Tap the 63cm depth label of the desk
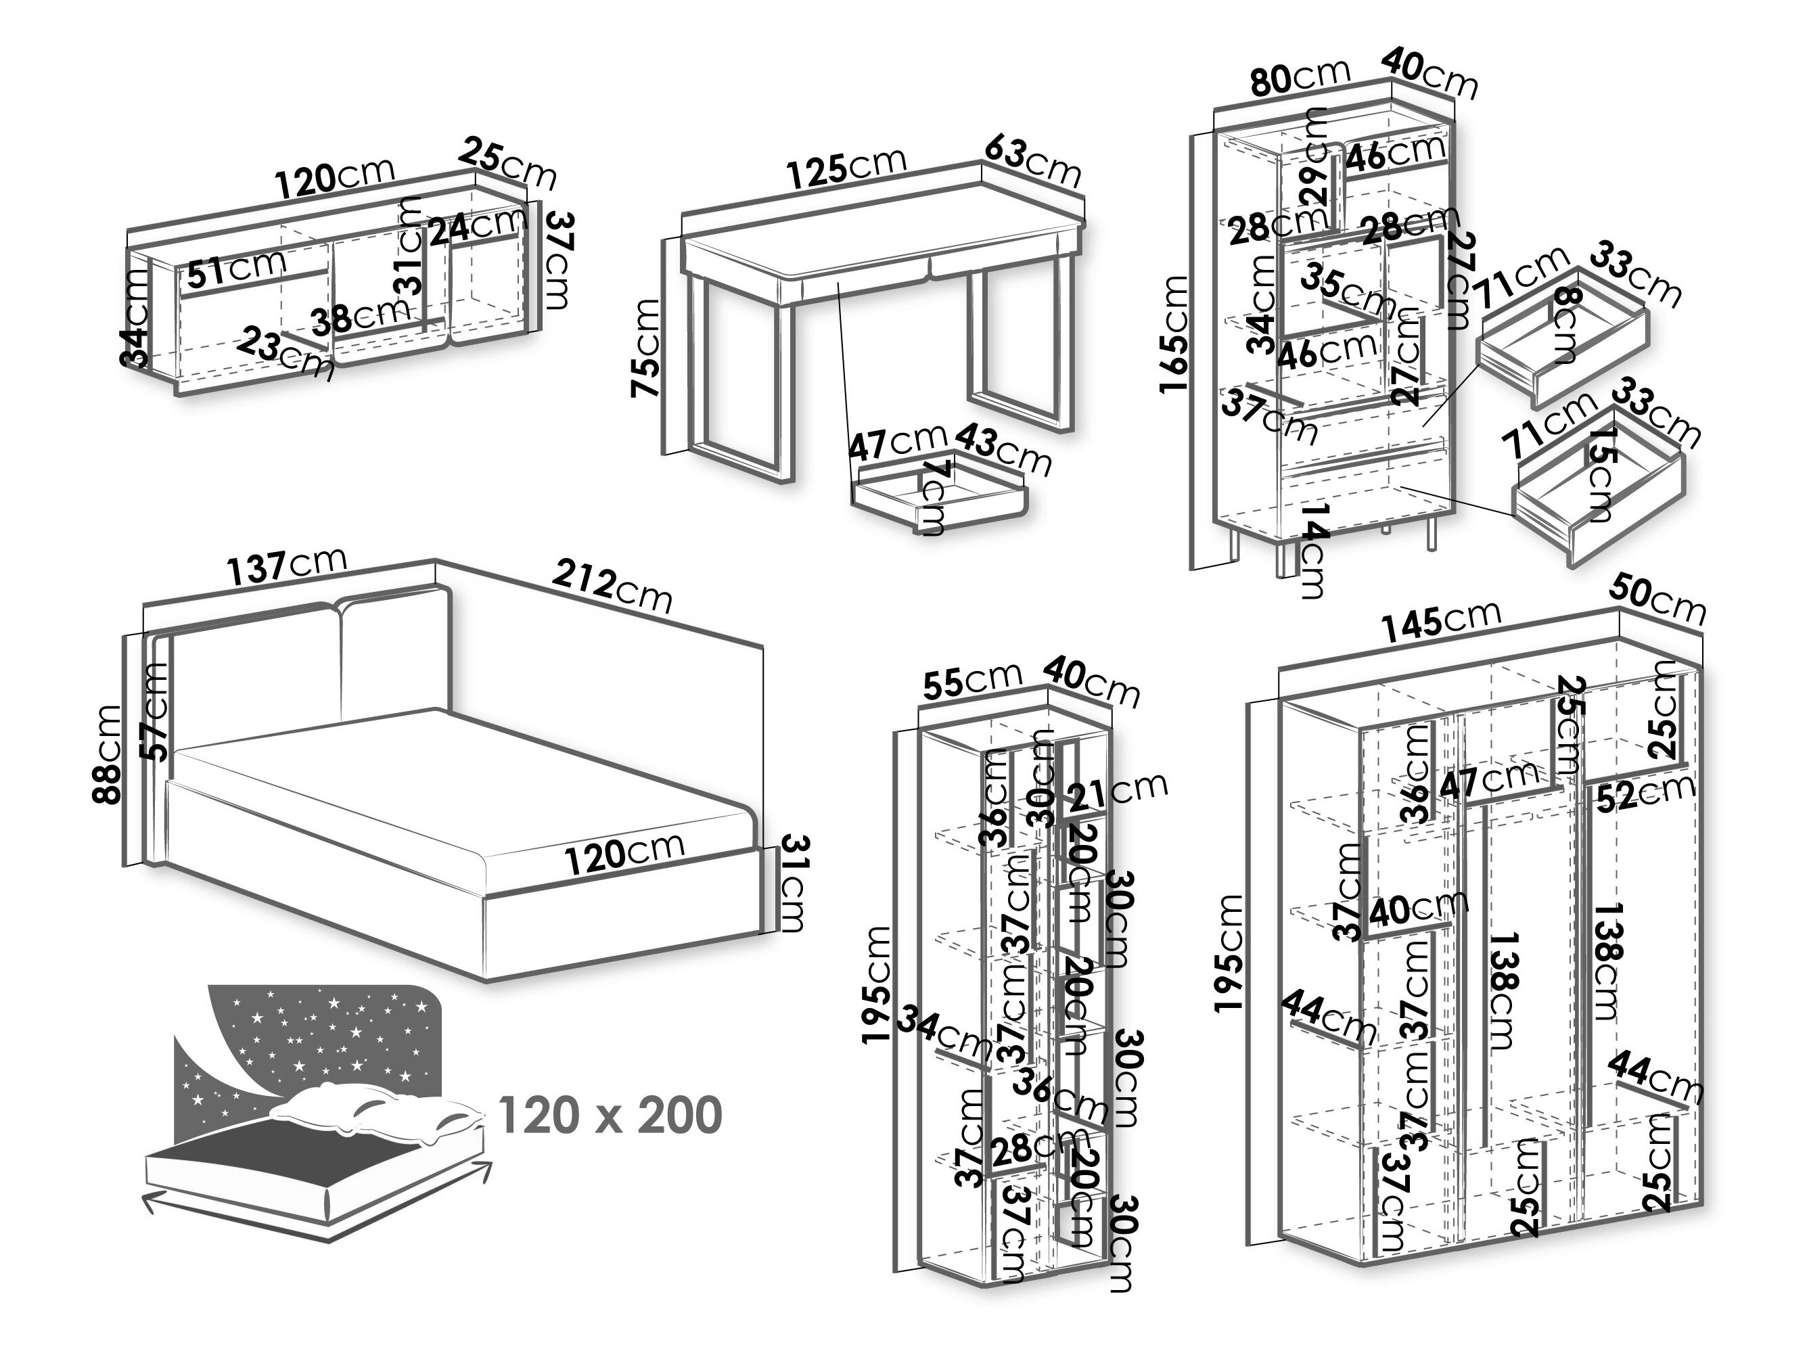click(x=1032, y=161)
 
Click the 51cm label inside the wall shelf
click(x=237, y=269)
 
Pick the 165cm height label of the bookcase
click(x=1174, y=335)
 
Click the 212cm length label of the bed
click(x=612, y=584)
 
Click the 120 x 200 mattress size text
click(x=610, y=1116)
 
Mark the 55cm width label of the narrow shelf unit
click(x=972, y=682)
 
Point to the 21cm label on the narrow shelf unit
click(x=1116, y=791)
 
